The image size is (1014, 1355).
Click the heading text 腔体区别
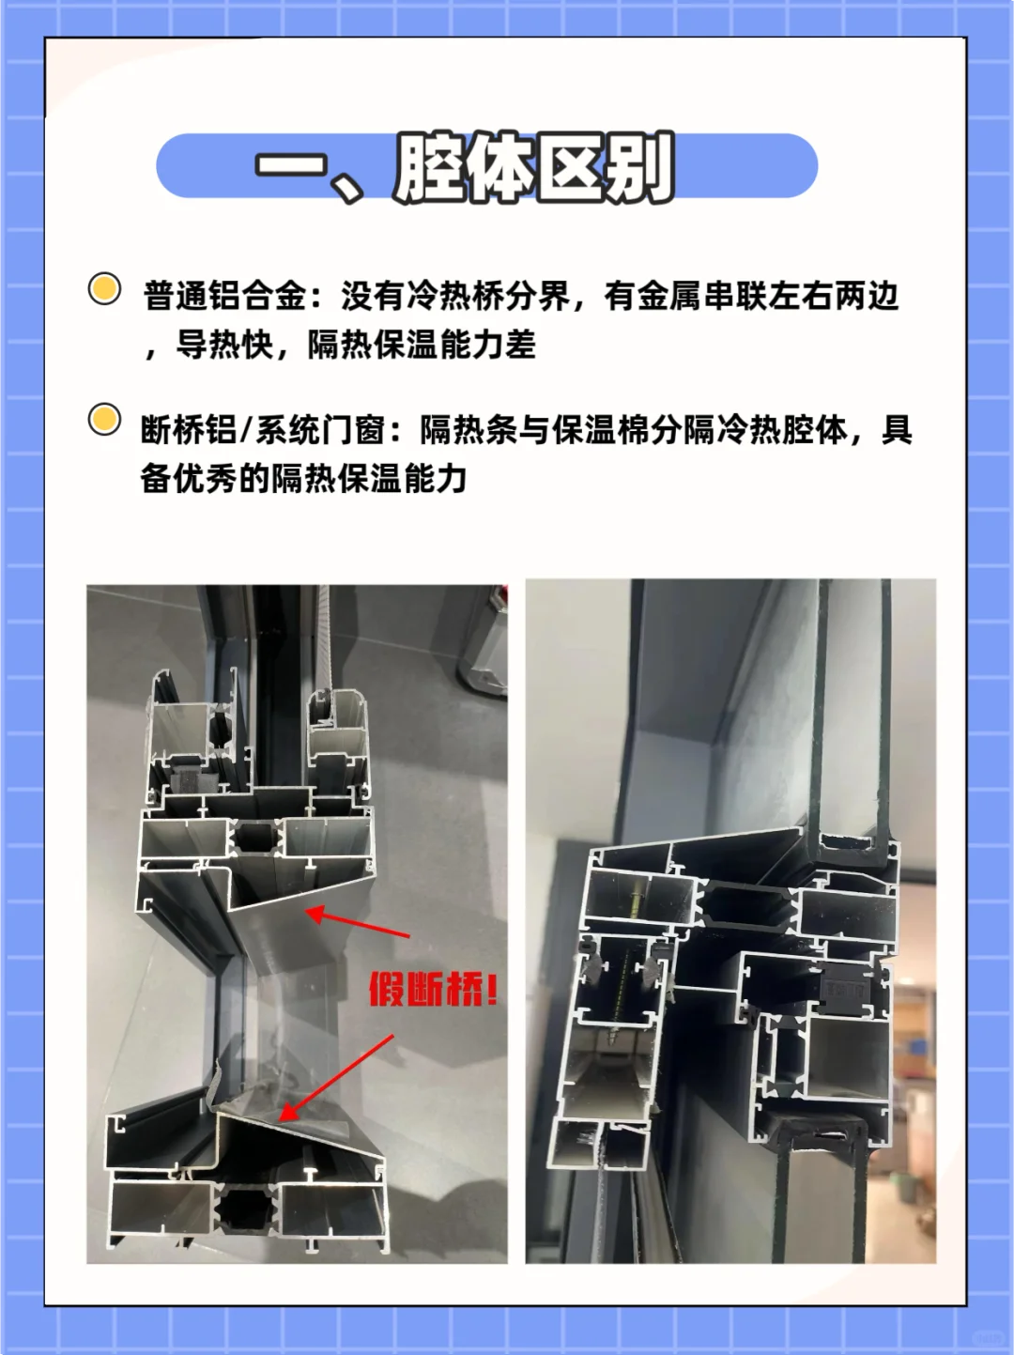[x=533, y=167]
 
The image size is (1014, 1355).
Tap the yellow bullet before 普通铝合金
[x=104, y=289]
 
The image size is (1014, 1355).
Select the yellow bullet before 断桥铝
[x=104, y=420]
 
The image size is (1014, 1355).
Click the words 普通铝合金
[x=224, y=297]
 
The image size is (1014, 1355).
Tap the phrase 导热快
[x=224, y=346]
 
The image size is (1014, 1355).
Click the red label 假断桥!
[x=433, y=989]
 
